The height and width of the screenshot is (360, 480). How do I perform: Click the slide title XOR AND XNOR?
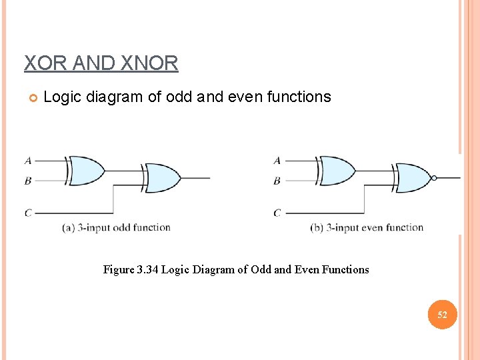[101, 63]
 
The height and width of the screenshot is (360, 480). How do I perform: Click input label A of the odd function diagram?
[28, 160]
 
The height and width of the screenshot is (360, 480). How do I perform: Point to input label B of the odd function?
[28, 180]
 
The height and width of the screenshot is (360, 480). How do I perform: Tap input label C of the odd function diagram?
[28, 213]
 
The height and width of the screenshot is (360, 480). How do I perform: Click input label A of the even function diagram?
[277, 160]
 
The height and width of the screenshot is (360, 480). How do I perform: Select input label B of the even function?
[277, 180]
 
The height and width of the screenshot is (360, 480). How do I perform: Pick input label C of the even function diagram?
[277, 213]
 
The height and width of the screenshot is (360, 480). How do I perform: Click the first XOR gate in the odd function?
[87, 170]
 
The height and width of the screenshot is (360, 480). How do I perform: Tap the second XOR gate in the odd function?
[163, 178]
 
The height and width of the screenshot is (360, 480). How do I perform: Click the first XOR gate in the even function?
[337, 170]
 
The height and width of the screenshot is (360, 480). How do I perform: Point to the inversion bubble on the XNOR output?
[435, 178]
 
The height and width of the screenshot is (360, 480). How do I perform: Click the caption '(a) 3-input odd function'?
[116, 228]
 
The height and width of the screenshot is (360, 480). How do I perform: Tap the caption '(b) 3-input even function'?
[367, 228]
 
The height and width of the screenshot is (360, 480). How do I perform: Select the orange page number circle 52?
[441, 314]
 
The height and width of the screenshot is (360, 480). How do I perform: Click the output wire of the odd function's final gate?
[197, 178]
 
